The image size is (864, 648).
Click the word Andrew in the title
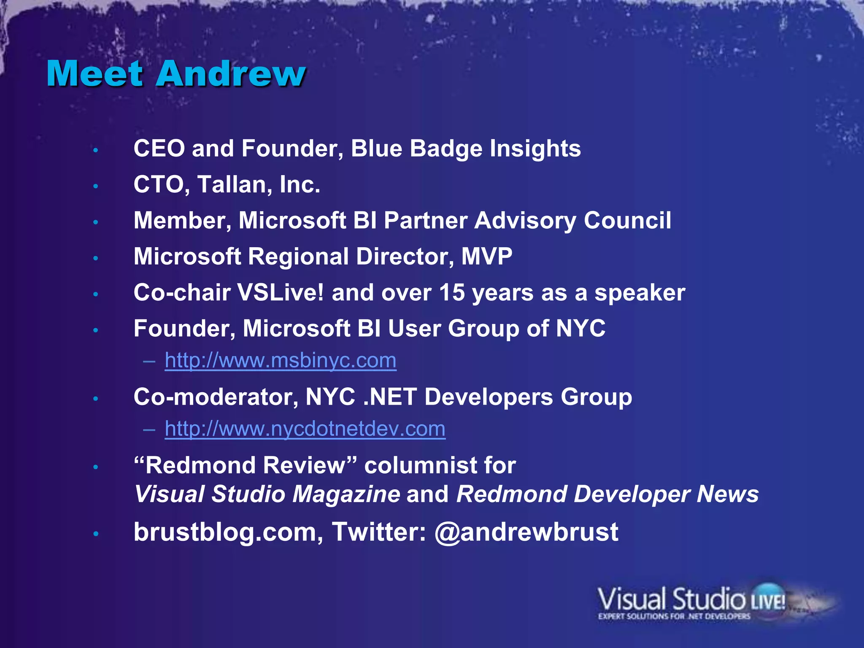point(231,74)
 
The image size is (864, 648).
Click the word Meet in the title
point(95,74)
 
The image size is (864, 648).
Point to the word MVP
point(487,256)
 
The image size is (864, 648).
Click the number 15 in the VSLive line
point(451,293)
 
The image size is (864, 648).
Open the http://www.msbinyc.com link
point(281,361)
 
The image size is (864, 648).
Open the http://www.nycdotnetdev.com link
point(305,429)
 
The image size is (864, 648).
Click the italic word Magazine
point(346,494)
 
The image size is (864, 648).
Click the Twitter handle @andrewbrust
point(526,532)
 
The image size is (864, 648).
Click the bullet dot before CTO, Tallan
point(96,186)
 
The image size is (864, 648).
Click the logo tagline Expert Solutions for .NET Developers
point(674,616)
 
